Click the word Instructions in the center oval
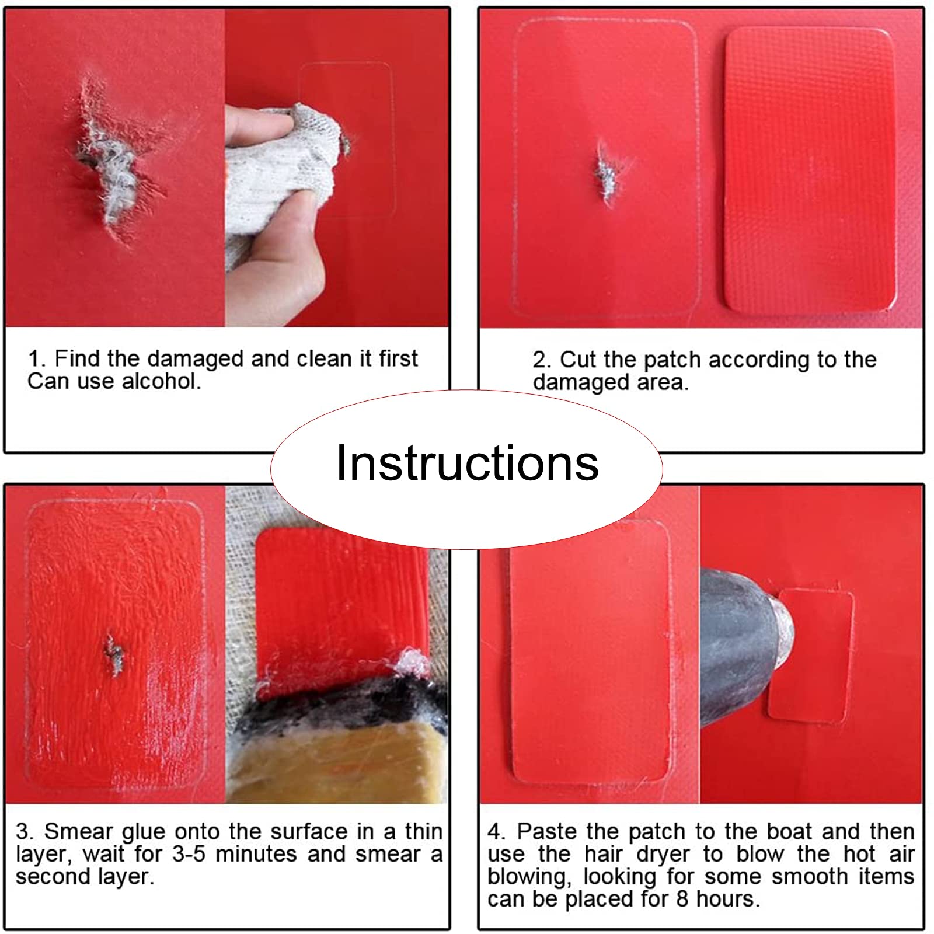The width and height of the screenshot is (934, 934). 468,462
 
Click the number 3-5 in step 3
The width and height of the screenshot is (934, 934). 190,854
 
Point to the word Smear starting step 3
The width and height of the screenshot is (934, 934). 78,831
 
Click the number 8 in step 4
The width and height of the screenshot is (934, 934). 682,899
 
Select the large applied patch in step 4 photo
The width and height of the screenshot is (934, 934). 591,651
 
